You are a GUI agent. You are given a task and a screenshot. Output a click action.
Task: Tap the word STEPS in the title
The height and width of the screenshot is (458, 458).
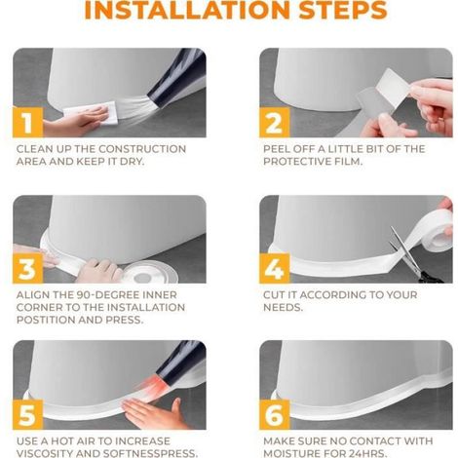click(343, 10)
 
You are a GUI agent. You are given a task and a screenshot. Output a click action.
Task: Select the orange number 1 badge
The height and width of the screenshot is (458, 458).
click(28, 123)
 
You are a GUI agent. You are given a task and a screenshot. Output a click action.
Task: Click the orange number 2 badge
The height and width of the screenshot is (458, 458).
click(275, 123)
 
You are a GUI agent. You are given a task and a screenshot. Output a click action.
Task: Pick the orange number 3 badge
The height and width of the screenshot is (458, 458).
click(28, 268)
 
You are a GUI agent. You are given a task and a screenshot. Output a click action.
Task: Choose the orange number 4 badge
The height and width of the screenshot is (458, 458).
click(275, 268)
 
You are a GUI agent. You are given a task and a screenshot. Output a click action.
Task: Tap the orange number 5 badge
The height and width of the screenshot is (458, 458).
click(28, 414)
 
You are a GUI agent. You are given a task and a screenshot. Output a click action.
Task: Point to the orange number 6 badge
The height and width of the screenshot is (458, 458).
click(275, 414)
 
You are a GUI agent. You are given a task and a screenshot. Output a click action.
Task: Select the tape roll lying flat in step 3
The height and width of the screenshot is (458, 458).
click(150, 272)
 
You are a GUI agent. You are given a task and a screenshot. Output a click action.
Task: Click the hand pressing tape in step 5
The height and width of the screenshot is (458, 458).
click(153, 412)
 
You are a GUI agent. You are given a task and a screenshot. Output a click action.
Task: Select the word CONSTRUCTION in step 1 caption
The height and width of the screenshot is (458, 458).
click(142, 149)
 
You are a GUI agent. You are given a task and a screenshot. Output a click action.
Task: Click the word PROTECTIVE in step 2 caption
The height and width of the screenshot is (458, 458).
click(295, 162)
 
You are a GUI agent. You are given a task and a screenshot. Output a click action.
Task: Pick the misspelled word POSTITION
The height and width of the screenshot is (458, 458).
click(46, 320)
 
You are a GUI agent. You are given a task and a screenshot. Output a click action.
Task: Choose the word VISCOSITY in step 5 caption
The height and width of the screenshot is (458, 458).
click(46, 453)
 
